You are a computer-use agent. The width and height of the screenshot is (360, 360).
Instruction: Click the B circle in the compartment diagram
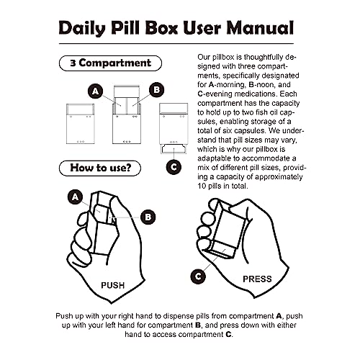[154, 91]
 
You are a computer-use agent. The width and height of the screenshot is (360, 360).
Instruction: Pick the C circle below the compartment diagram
[172, 167]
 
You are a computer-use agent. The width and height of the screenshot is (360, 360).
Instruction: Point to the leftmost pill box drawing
[73, 123]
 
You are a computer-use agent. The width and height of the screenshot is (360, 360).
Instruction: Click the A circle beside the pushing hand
[73, 196]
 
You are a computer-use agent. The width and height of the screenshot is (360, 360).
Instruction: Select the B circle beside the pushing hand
[147, 215]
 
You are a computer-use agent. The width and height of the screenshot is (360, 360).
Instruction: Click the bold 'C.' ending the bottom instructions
[229, 335]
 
